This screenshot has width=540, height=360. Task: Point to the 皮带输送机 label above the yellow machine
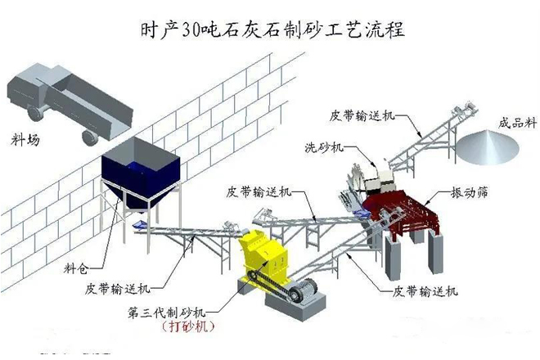pyautogui.click(x=257, y=192)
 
